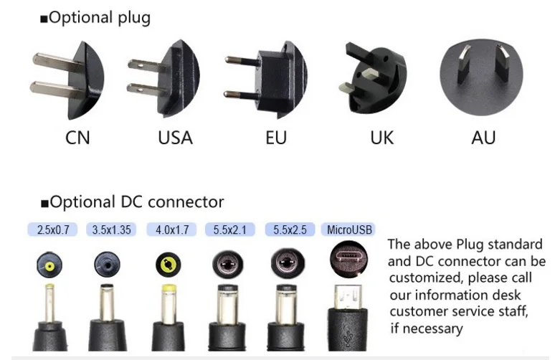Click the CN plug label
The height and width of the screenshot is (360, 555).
pyautogui.click(x=77, y=137)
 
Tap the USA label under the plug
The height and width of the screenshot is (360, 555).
pyautogui.click(x=175, y=137)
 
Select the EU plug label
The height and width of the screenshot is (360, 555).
pyautogui.click(x=275, y=137)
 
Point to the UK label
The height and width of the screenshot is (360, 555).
pyautogui.click(x=381, y=137)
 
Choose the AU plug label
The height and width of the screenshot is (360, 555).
pyautogui.click(x=483, y=137)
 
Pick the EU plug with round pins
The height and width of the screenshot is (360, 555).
pyautogui.click(x=269, y=78)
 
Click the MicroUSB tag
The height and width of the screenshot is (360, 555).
pyautogui.click(x=349, y=230)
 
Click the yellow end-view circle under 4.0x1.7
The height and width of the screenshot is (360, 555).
pyautogui.click(x=169, y=265)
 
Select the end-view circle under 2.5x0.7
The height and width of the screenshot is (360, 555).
pyautogui.click(x=50, y=265)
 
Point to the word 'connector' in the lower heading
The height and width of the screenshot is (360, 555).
pyautogui.click(x=186, y=202)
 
